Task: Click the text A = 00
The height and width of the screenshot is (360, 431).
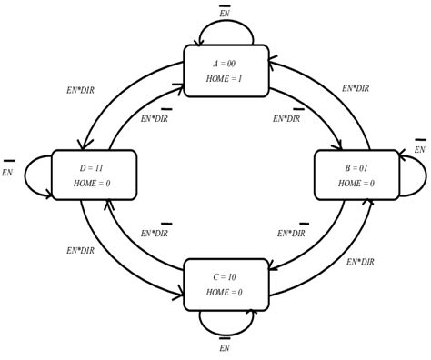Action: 225,64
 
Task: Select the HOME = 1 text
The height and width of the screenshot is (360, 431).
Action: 225,79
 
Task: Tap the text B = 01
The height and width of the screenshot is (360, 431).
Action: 356,169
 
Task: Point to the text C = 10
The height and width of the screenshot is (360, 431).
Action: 225,277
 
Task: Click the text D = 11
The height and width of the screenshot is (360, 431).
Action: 92,169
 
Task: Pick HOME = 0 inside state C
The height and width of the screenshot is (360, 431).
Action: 225,293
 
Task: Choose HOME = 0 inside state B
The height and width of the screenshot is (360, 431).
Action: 356,184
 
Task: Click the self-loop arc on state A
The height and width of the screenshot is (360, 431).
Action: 226,22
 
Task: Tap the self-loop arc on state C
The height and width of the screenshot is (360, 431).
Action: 226,333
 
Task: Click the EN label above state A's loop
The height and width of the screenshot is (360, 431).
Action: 225,13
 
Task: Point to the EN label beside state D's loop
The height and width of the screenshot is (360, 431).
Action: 7,173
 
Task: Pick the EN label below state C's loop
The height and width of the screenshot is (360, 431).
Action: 225,347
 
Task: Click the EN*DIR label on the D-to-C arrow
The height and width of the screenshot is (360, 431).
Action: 80,251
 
